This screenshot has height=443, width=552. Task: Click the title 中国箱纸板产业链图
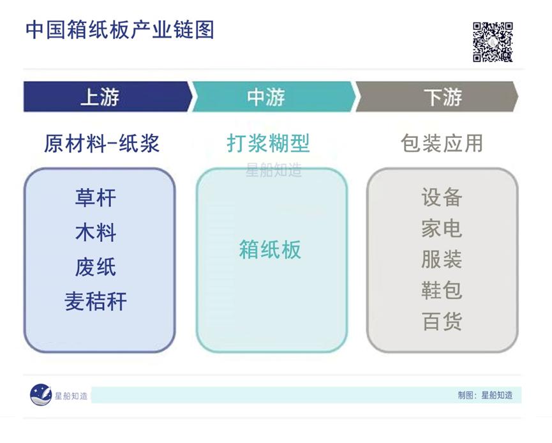[x=120, y=30]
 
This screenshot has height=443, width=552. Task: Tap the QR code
[x=492, y=41]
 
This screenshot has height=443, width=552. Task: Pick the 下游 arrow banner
[x=440, y=97]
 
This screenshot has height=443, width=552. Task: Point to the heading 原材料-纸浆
[x=102, y=143]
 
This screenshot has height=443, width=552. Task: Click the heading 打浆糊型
[x=269, y=143]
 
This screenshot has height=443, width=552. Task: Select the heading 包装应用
[x=442, y=143]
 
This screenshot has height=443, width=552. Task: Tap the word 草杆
[x=96, y=198]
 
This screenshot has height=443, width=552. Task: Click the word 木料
[x=96, y=232]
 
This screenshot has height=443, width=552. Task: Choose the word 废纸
[x=96, y=267]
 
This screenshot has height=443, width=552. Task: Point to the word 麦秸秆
[x=96, y=301]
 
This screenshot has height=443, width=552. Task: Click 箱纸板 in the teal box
[x=270, y=250]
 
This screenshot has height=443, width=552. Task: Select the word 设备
[x=441, y=197]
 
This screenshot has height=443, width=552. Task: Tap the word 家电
[x=441, y=228]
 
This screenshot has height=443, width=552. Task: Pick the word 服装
[x=441, y=259]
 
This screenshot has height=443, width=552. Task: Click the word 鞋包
[x=441, y=290]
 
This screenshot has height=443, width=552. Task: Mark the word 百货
[x=441, y=320]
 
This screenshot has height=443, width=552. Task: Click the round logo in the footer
[x=41, y=395]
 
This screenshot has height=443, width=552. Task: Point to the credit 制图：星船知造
[x=485, y=395]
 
